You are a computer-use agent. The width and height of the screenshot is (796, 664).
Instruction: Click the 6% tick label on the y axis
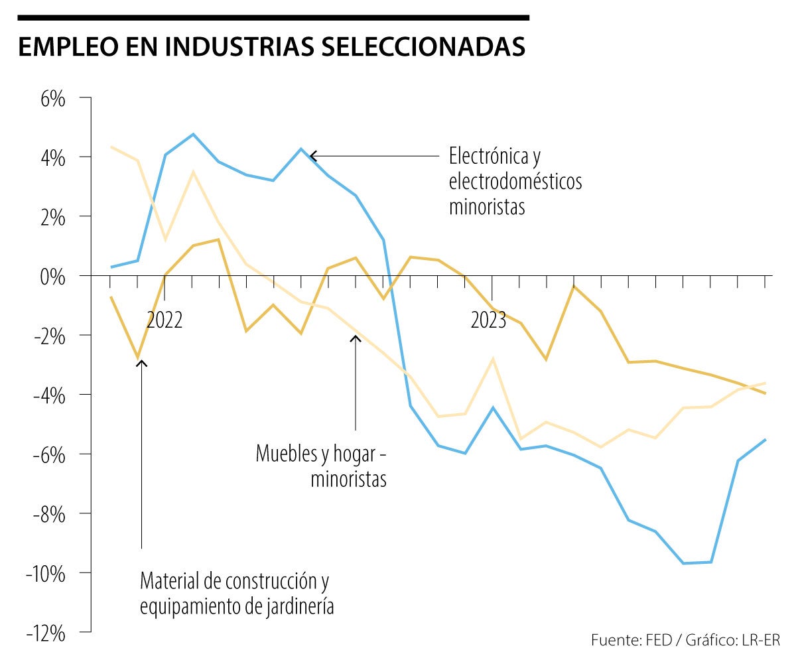coord(52,100)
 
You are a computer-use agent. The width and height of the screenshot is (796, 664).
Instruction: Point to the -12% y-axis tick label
coord(46,633)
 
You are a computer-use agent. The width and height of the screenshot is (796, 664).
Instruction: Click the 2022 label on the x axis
coord(164,320)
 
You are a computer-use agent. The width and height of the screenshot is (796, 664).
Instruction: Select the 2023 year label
coord(488,320)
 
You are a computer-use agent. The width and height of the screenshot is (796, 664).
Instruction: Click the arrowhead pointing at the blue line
coord(313,156)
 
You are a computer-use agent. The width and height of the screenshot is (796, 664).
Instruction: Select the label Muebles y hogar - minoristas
coord(321,466)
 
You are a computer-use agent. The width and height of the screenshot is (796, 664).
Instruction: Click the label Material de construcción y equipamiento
coord(235,594)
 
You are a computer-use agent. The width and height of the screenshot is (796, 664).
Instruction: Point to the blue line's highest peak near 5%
coord(193,134)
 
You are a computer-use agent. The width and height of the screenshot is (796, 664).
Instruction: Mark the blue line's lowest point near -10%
coord(684,563)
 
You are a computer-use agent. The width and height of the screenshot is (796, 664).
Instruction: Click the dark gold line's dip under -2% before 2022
coord(138,358)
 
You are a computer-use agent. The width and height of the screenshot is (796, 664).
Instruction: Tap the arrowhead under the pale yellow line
coord(356,339)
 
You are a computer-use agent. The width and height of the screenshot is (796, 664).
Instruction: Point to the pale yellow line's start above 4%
coord(111,147)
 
